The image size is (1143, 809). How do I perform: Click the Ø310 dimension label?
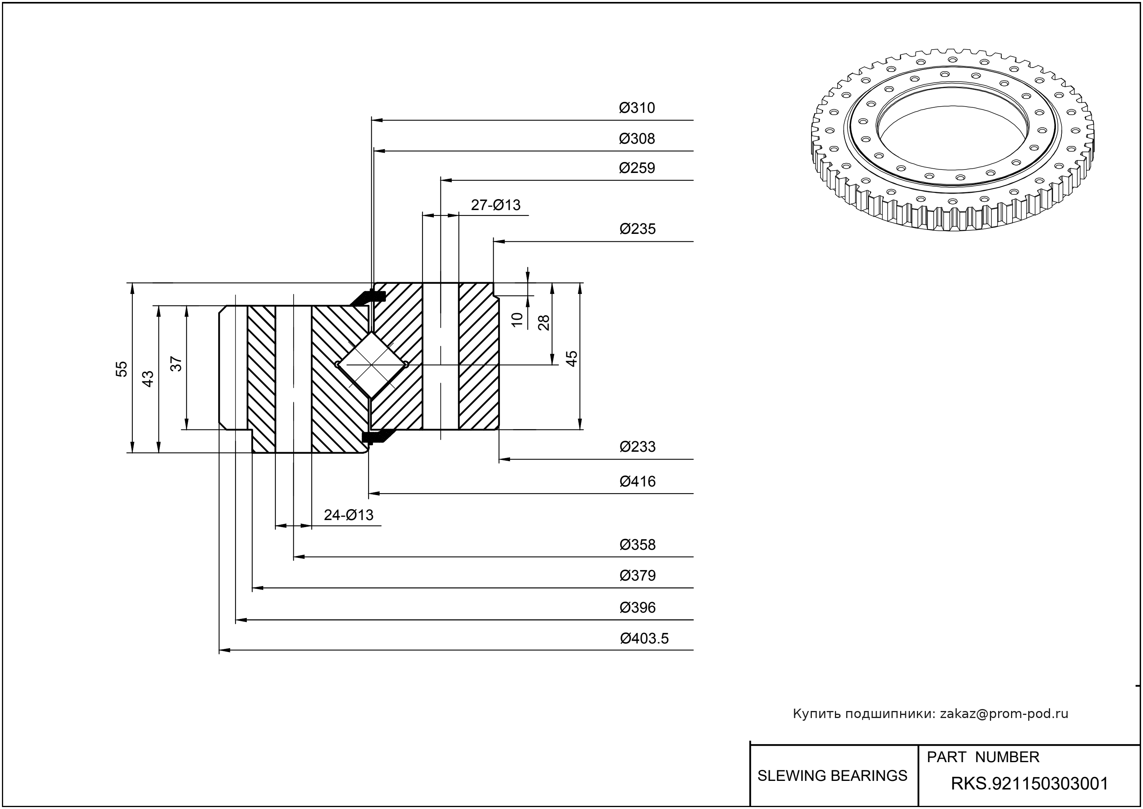pyautogui.click(x=637, y=108)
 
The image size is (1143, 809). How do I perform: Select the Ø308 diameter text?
pyautogui.click(x=637, y=139)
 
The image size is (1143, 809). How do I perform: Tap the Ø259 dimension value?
pyautogui.click(x=637, y=168)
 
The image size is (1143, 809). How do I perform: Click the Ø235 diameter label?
pyautogui.click(x=637, y=229)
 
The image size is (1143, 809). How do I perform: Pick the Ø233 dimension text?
pyautogui.click(x=637, y=447)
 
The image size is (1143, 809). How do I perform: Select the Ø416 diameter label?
pyautogui.click(x=637, y=482)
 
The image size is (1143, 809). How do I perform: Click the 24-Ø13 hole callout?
pyautogui.click(x=348, y=515)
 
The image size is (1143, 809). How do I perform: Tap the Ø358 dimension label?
pyautogui.click(x=637, y=545)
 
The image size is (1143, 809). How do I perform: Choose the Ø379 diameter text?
pyautogui.click(x=637, y=576)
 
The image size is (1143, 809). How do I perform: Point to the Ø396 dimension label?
pyautogui.click(x=637, y=608)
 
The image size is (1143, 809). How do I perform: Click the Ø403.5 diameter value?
pyautogui.click(x=644, y=639)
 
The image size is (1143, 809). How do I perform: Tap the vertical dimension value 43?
pyautogui.click(x=148, y=379)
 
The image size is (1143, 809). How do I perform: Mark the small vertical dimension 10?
pyautogui.click(x=517, y=319)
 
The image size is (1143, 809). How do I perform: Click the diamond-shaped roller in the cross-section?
pyautogui.click(x=372, y=365)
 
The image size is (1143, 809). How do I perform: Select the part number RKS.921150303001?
pyautogui.click(x=1029, y=784)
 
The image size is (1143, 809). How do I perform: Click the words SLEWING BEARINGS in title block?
pyautogui.click(x=832, y=776)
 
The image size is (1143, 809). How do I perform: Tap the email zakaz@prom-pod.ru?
pyautogui.click(x=1004, y=714)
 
